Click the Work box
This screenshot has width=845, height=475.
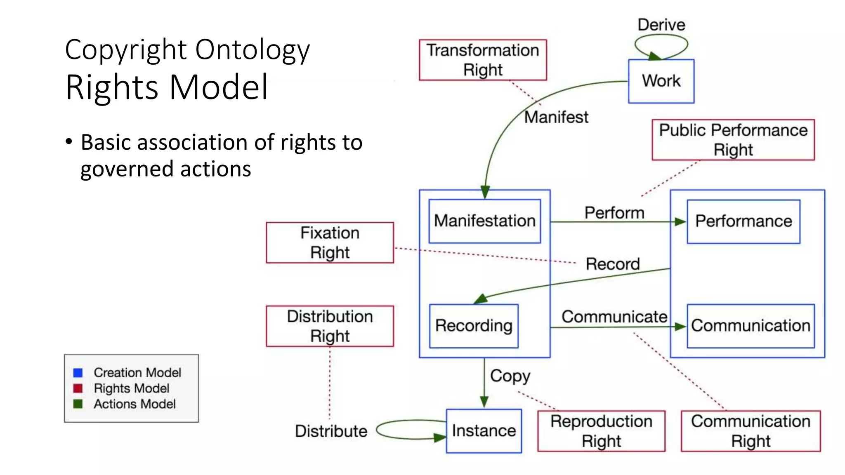(x=661, y=81)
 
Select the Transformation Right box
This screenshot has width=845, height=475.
(x=483, y=60)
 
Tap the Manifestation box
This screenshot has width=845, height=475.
(x=484, y=221)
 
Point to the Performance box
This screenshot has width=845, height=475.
(x=744, y=221)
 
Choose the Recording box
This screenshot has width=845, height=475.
(x=474, y=326)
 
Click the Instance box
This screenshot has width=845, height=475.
(x=484, y=431)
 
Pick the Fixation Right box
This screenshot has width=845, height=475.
(x=330, y=243)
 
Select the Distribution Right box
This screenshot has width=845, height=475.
(x=330, y=326)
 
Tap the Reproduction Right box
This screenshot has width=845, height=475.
(x=601, y=431)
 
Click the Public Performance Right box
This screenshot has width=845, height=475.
(x=733, y=140)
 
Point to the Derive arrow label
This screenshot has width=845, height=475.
(x=661, y=25)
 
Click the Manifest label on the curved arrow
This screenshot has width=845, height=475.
(x=556, y=117)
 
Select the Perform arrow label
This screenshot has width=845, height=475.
(x=614, y=213)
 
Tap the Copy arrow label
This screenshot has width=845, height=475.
(x=510, y=376)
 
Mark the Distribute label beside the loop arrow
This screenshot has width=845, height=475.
(x=331, y=431)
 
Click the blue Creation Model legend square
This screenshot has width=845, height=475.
(x=78, y=373)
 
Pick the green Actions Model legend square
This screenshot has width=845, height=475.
(x=78, y=404)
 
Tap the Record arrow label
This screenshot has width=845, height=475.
(x=613, y=264)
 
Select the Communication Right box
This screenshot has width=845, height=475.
(x=751, y=431)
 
